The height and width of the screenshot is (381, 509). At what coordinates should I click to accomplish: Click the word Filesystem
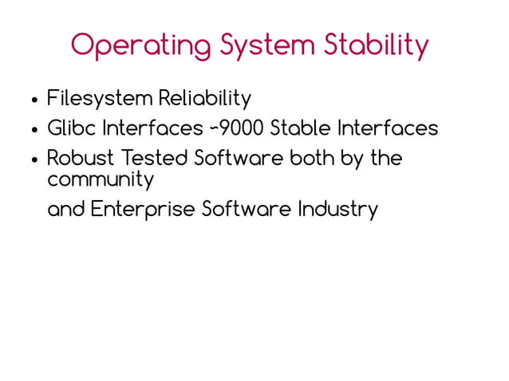[x=100, y=99]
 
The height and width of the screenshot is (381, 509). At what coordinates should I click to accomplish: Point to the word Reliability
[x=204, y=99]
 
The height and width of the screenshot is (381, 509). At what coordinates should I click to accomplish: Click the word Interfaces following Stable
[x=388, y=128]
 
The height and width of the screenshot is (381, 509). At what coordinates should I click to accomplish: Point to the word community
[x=100, y=180]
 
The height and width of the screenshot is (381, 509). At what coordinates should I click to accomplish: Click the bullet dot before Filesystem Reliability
[x=34, y=100]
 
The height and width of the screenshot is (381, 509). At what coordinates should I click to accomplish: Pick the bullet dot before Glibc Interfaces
[x=34, y=130]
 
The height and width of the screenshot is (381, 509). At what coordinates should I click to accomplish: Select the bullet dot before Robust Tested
[x=34, y=159]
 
